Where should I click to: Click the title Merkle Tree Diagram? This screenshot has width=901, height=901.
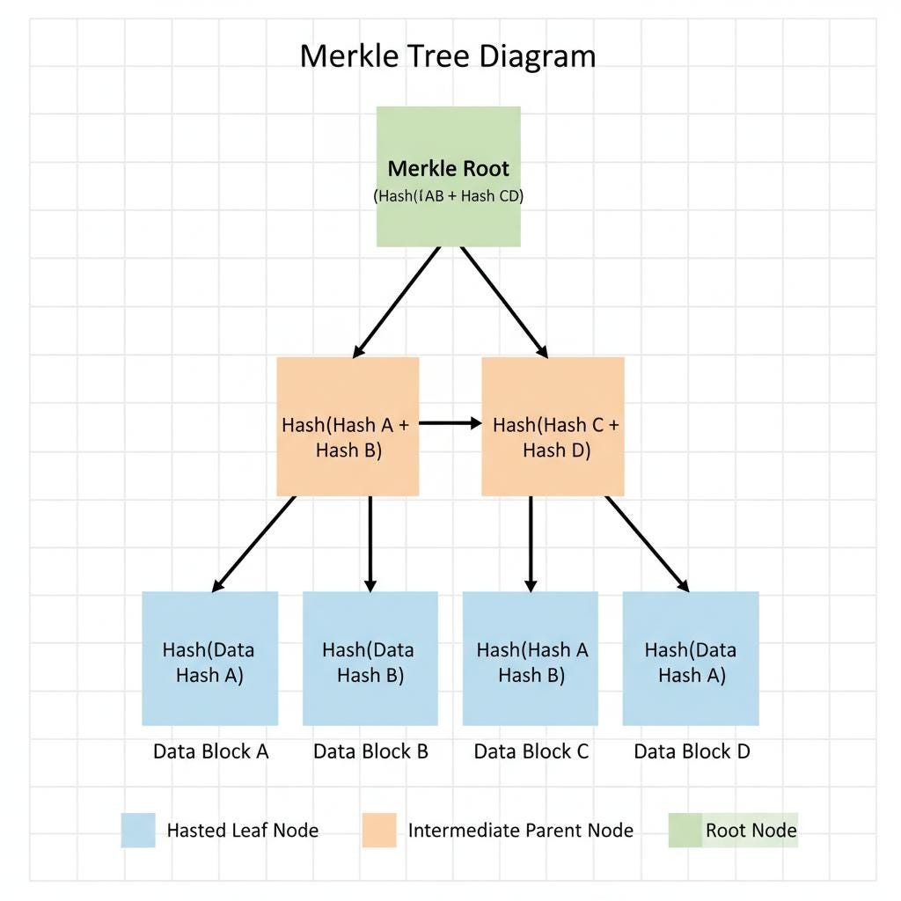click(448, 56)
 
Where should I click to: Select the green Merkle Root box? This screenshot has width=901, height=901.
click(449, 176)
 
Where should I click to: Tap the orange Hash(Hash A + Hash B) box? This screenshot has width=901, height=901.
click(348, 426)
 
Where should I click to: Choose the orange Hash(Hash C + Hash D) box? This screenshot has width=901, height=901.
click(553, 426)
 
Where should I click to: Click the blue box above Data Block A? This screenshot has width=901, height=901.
click(210, 658)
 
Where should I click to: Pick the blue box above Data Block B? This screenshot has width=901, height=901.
click(370, 658)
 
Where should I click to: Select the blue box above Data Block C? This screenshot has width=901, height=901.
click(531, 658)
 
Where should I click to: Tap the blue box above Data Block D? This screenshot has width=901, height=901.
click(691, 658)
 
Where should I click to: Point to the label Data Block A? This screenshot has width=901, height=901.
click(210, 751)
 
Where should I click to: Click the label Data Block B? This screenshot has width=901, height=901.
click(370, 751)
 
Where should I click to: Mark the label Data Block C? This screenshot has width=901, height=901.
click(531, 751)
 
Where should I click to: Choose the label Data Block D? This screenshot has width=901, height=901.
click(692, 751)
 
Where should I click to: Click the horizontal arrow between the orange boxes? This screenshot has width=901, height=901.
click(450, 423)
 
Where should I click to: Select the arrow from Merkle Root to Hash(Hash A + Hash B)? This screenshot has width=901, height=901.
click(397, 302)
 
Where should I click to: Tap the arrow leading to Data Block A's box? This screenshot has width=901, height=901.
click(254, 544)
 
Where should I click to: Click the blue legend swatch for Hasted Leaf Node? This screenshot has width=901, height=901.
click(138, 830)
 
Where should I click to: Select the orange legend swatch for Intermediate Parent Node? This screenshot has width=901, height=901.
click(379, 830)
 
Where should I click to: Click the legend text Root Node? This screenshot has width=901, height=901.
click(751, 830)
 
